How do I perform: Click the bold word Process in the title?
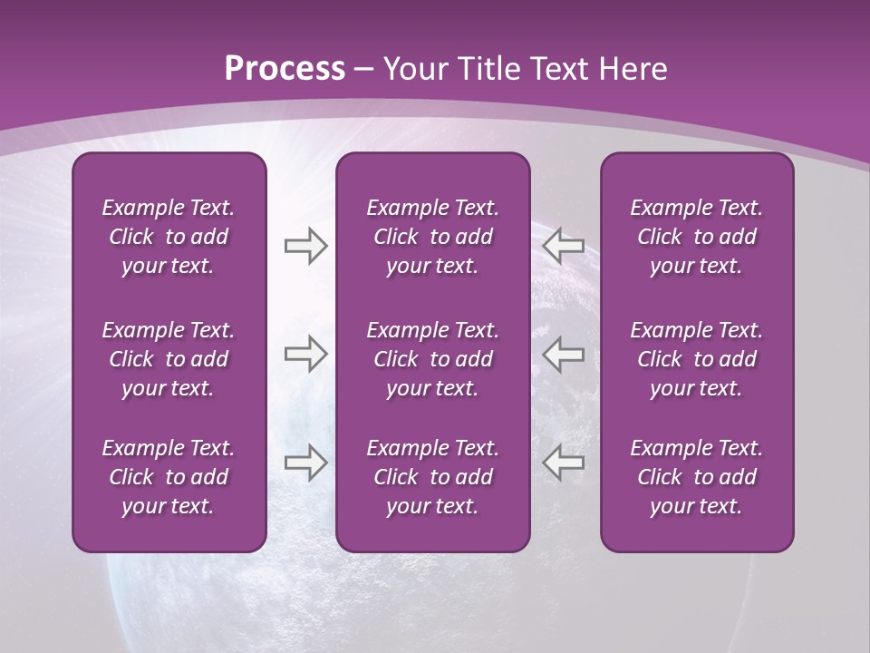[285, 69]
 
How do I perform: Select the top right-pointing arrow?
[305, 246]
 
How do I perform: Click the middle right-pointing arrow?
[305, 354]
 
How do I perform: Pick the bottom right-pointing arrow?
[305, 463]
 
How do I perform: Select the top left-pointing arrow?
[564, 246]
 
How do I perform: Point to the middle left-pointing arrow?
[564, 354]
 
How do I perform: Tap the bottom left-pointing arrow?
[564, 463]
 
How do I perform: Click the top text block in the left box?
[169, 237]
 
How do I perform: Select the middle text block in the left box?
[169, 359]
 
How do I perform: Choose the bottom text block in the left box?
[169, 477]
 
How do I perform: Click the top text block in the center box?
[433, 237]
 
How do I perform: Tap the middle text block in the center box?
[433, 359]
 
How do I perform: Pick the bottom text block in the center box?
[433, 477]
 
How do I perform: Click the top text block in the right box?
[697, 237]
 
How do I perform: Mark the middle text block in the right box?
[697, 359]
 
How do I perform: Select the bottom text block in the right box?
[697, 477]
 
